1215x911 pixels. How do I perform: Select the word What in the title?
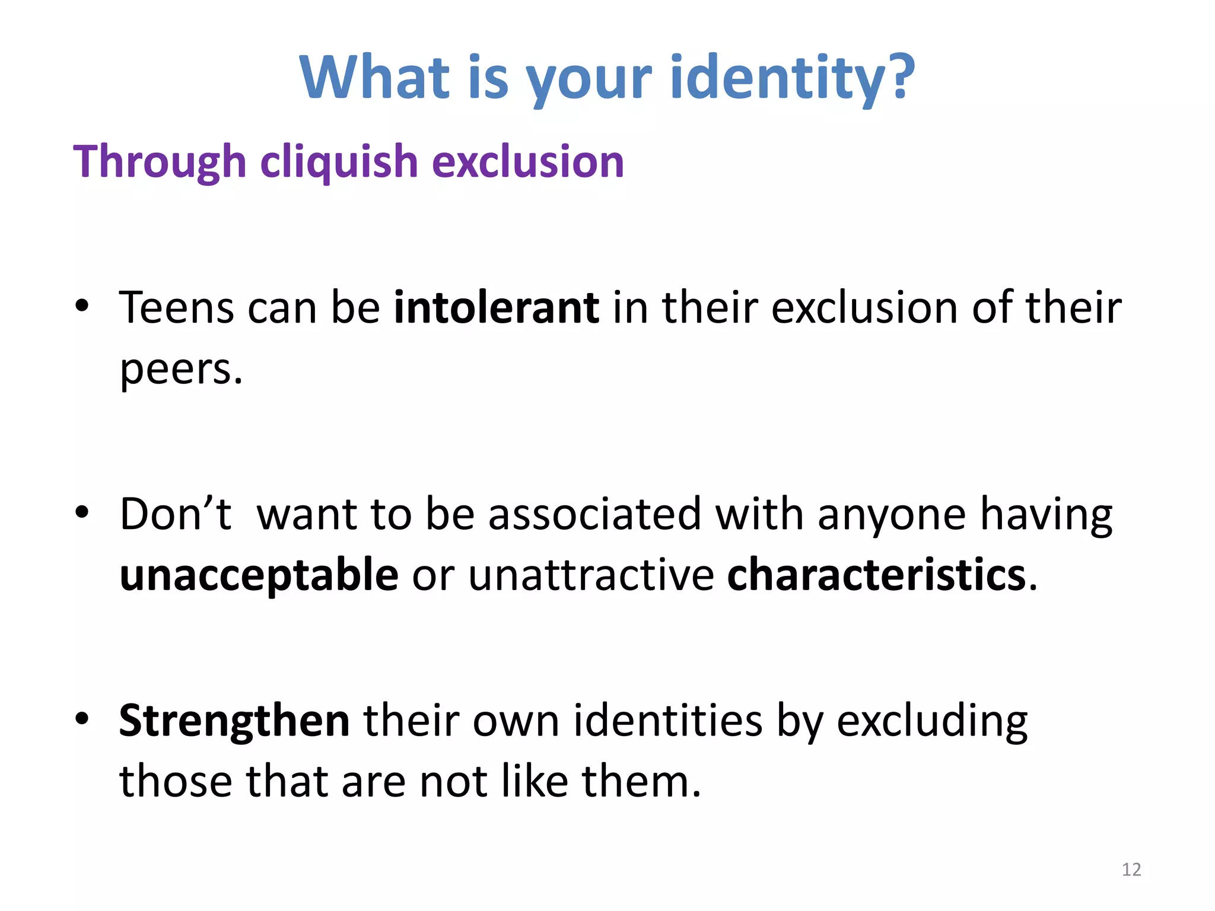point(375,77)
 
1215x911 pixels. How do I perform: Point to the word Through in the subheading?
point(159,162)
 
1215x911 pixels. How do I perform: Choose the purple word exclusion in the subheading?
point(528,162)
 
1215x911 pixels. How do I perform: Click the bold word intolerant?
point(496,308)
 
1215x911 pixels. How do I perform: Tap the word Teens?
point(176,308)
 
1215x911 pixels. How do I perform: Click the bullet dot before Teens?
point(82,306)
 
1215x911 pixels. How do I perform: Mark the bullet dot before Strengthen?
point(82,718)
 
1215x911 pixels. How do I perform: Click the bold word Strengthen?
point(234,721)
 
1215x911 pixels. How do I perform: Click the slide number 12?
point(1131,869)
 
